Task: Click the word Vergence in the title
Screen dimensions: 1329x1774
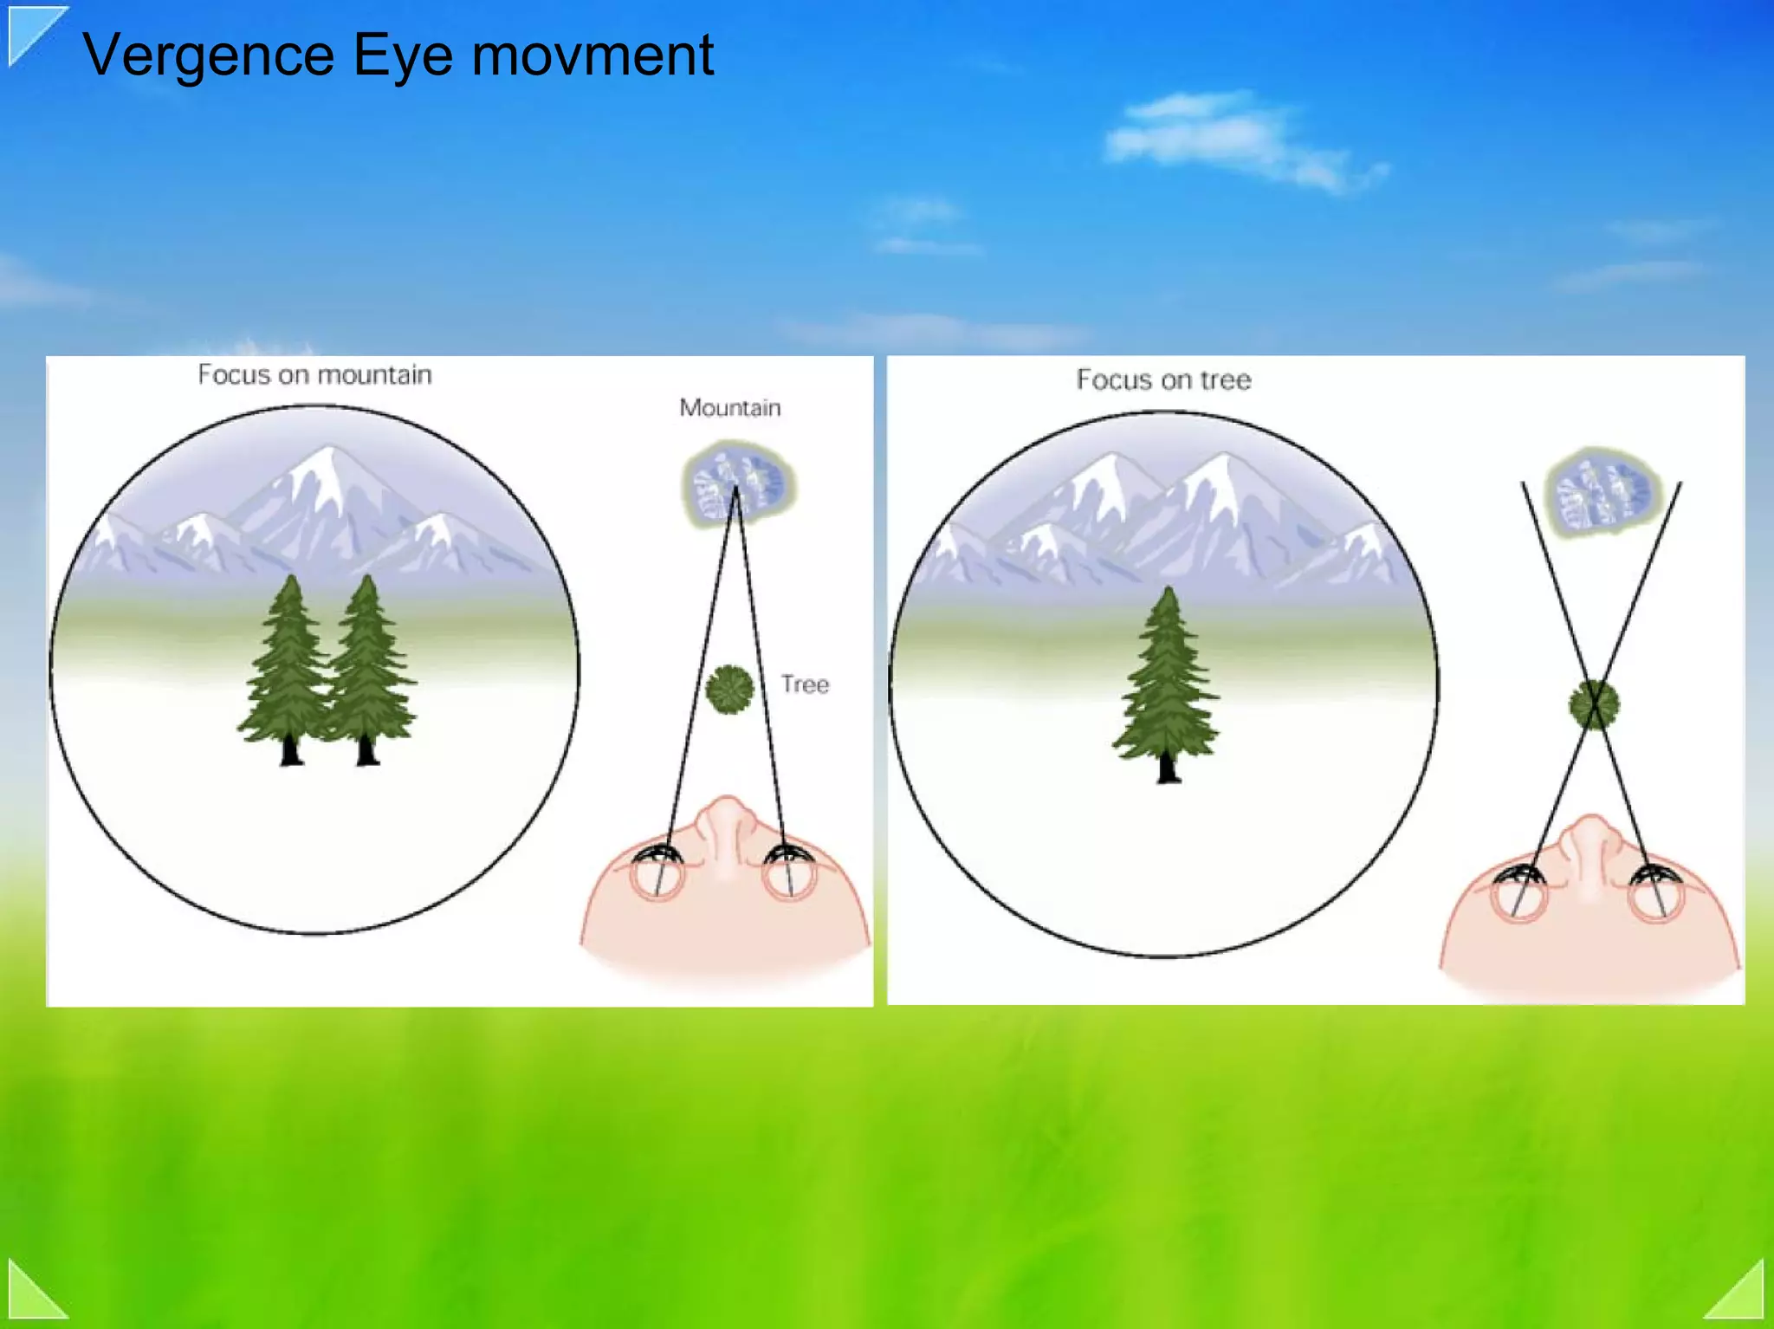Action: [208, 55]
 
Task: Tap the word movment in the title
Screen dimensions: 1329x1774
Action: [592, 55]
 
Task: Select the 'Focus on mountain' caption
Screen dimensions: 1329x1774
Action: [314, 375]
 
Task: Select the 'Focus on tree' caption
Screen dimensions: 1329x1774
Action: [1163, 379]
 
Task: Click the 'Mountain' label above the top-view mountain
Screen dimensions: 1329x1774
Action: [729, 407]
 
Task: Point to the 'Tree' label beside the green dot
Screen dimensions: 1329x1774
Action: [805, 684]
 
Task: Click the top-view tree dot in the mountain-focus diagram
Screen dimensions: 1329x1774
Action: [729, 690]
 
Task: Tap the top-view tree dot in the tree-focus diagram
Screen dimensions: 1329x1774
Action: [1594, 704]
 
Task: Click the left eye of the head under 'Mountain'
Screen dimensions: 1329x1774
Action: [657, 873]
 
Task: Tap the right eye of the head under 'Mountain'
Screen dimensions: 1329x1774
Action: [789, 873]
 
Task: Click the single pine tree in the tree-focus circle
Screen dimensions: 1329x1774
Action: [1167, 684]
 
